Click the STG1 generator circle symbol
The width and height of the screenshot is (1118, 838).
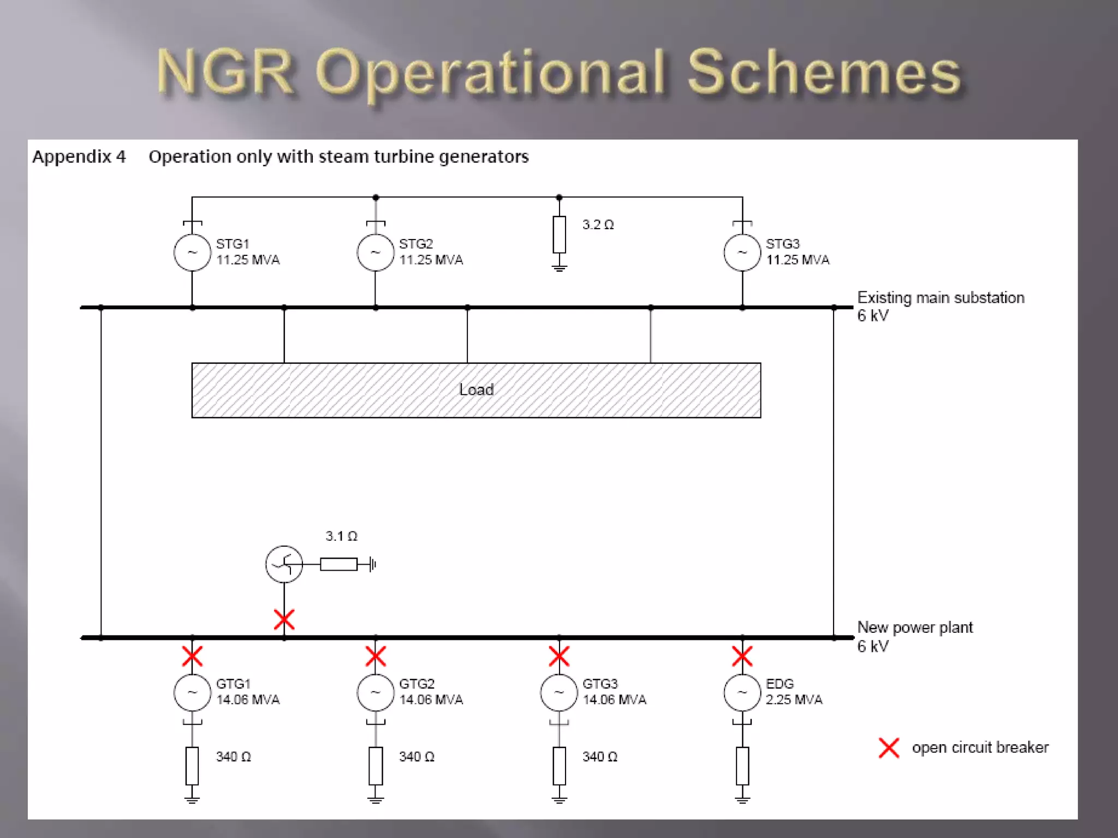[x=192, y=253]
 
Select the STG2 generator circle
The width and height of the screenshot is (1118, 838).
[x=376, y=253]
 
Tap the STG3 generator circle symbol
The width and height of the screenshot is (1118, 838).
[x=742, y=253]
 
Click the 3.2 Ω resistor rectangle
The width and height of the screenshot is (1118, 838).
[x=559, y=235]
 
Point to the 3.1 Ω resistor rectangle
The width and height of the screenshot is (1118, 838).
[x=338, y=564]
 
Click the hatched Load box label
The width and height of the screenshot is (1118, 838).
[x=476, y=390]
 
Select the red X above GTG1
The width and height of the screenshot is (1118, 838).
[x=192, y=656]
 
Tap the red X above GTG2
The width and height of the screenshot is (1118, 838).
[x=376, y=656]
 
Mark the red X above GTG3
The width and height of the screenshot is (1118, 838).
[x=559, y=656]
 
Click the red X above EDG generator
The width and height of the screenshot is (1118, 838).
[x=742, y=656]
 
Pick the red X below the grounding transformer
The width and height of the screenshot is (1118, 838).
[x=284, y=620]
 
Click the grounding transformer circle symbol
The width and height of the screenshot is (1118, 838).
[x=284, y=564]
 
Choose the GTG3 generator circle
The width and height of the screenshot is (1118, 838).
[x=559, y=693]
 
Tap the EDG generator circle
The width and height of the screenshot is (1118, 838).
[x=742, y=693]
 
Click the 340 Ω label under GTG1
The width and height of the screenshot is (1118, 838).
[x=233, y=757]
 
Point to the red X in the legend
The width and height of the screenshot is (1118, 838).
[x=889, y=747]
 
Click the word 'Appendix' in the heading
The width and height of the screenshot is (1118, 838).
[x=72, y=157]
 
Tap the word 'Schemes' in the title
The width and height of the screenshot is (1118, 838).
[x=824, y=73]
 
